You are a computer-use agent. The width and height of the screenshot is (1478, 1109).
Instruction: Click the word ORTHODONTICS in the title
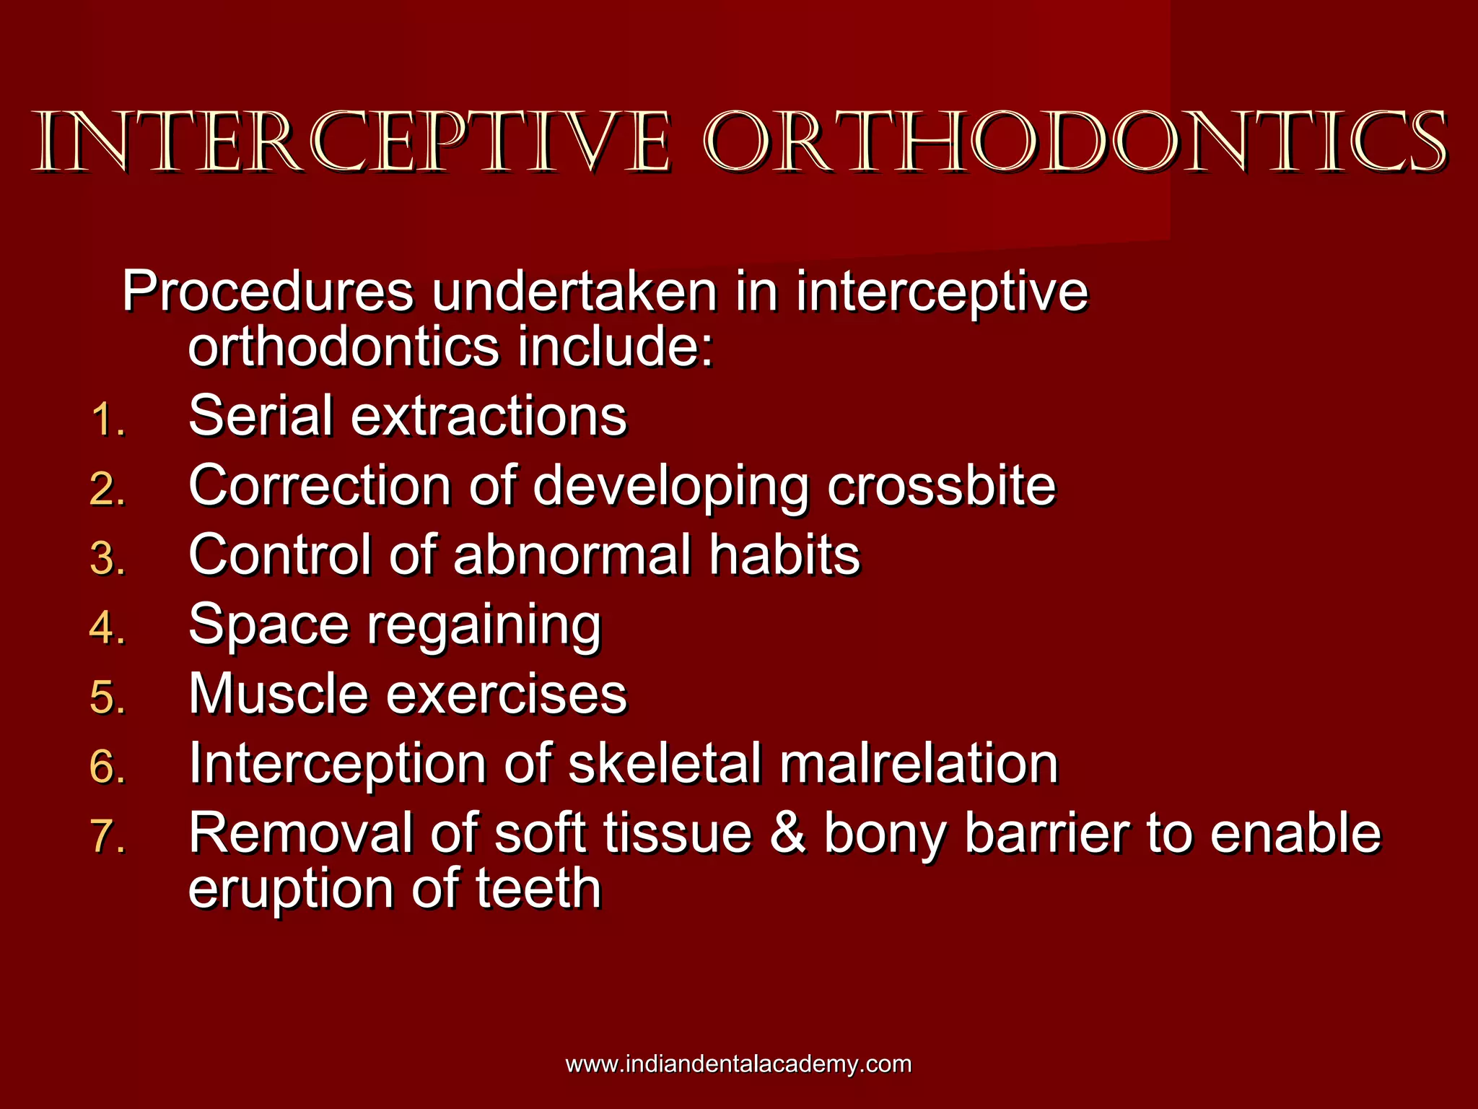[1075, 142]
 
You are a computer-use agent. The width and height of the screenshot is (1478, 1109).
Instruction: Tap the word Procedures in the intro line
[268, 292]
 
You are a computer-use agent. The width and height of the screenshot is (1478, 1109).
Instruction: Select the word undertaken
[574, 292]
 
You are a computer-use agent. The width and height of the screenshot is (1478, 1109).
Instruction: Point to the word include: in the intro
[616, 347]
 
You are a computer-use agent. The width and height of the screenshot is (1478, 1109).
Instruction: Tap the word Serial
[261, 417]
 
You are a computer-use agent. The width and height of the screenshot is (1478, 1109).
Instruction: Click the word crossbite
[941, 486]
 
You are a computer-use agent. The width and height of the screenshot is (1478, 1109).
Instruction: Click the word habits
[784, 555]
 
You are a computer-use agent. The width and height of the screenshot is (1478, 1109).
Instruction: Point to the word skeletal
[665, 764]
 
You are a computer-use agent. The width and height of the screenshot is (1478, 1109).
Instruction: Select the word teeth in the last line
[538, 889]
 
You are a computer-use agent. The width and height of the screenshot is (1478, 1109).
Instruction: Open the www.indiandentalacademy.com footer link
[738, 1064]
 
